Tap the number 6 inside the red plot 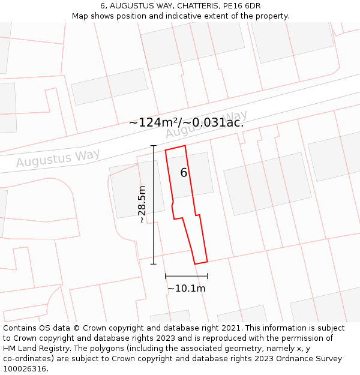point(184,173)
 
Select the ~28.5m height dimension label point(142,205)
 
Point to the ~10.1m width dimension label point(186,289)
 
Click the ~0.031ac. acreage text point(213,122)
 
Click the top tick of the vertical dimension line point(153,146)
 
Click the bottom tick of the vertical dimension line point(153,264)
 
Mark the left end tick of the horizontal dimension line point(165,276)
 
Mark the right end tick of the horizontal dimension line point(207,276)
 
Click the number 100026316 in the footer point(25,369)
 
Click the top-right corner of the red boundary point(185,145)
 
